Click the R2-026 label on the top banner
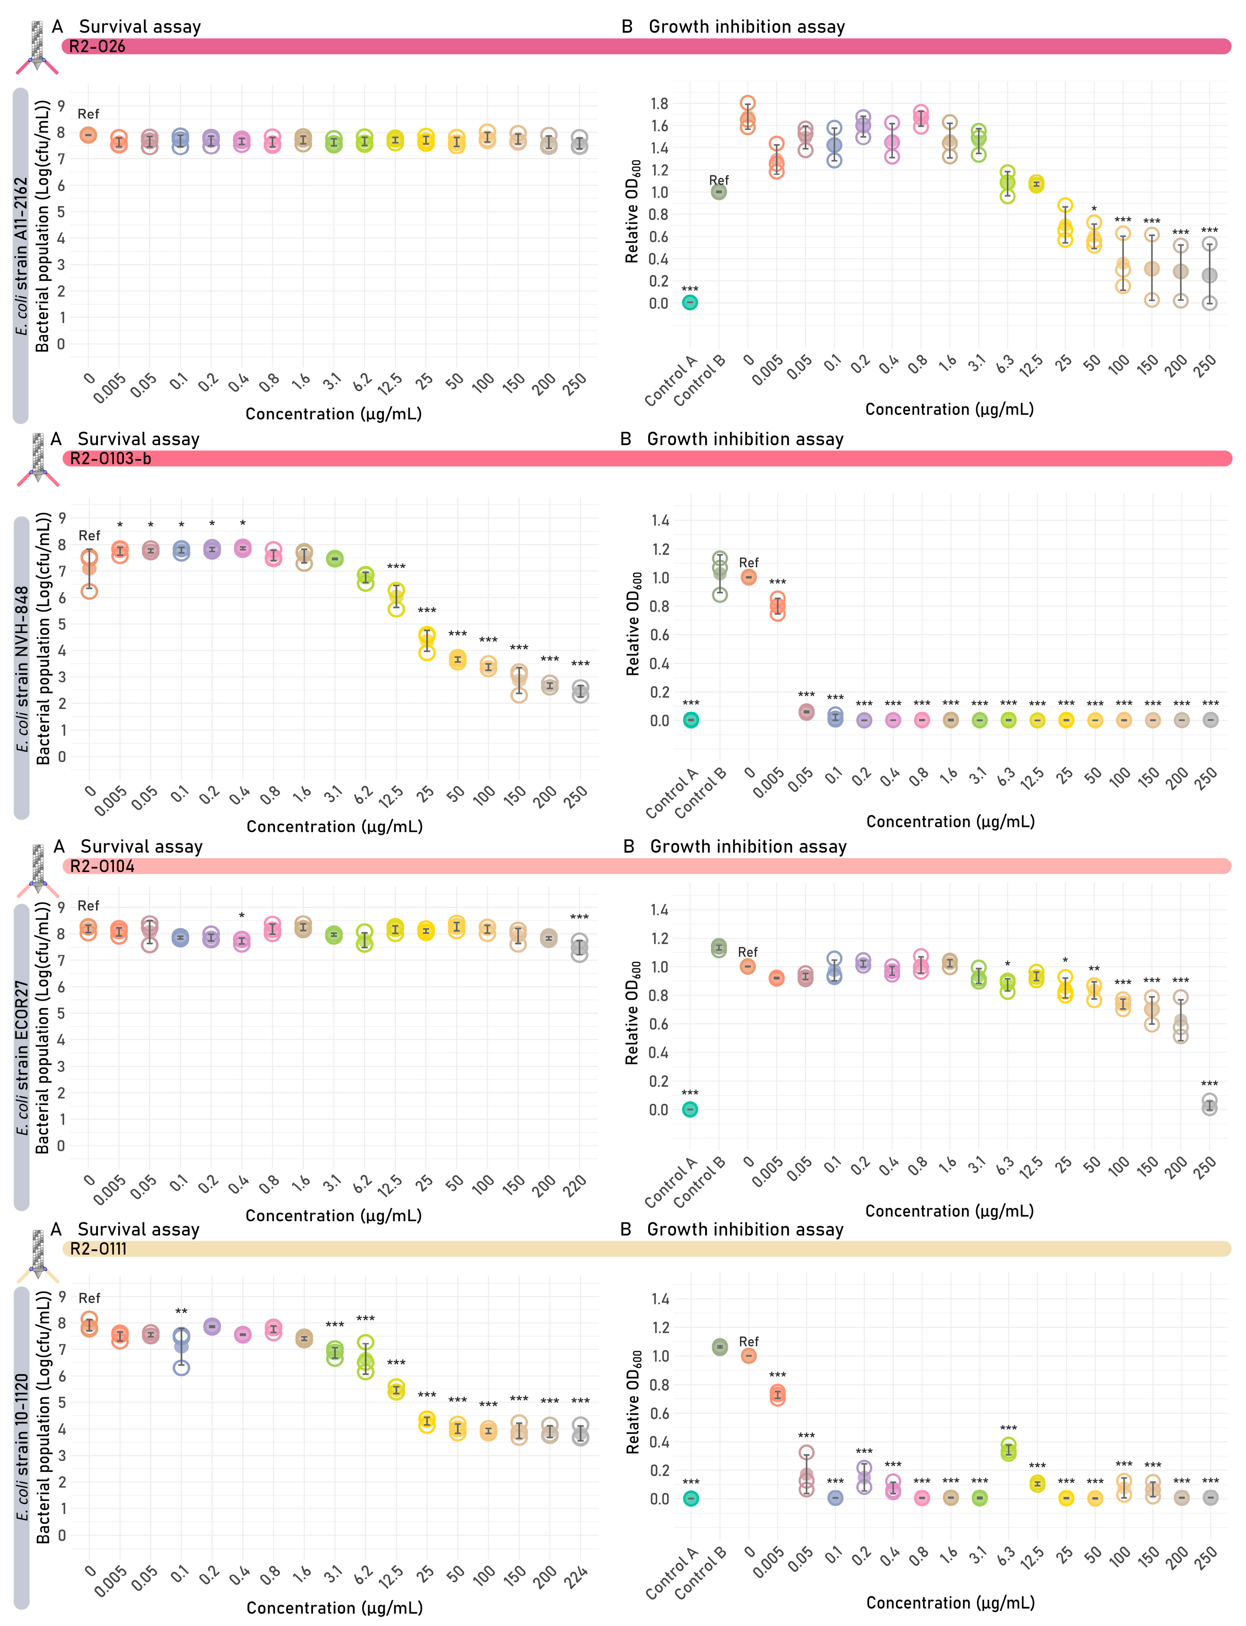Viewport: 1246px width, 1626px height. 97,47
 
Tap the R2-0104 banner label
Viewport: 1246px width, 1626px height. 102,866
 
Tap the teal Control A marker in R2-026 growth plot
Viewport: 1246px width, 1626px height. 690,302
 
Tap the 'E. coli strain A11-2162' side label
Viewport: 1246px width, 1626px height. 22,256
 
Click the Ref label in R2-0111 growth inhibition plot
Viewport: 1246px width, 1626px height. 748,1342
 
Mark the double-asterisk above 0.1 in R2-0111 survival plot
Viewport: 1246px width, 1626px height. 181,1312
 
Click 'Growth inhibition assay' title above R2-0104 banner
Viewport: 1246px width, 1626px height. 747,847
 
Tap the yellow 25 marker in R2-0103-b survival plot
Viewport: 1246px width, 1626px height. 426,639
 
